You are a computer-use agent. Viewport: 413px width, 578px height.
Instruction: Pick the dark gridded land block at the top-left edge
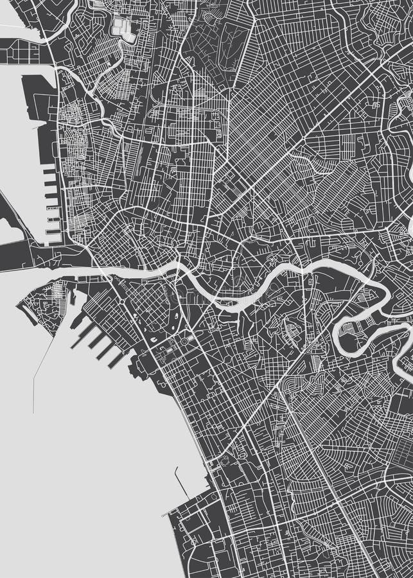tap(19, 51)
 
